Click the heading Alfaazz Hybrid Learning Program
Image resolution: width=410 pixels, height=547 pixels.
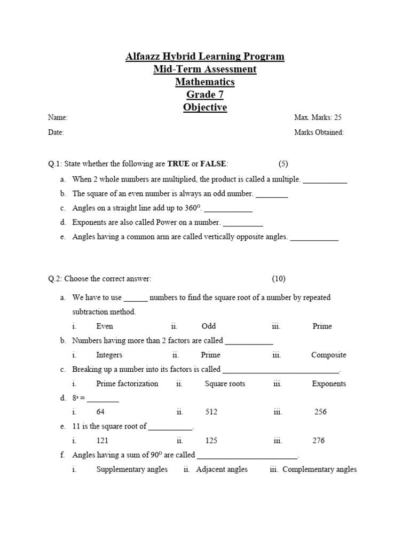click(205, 57)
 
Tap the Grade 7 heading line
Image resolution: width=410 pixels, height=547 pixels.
click(205, 95)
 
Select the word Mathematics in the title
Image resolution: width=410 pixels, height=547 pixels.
click(205, 82)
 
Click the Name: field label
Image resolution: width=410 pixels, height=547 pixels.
click(58, 118)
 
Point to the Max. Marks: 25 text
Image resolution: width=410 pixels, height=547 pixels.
click(318, 118)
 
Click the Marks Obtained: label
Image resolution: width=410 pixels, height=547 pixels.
click(319, 132)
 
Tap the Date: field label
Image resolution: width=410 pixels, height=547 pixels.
click(56, 132)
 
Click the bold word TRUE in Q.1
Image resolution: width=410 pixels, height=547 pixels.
click(178, 163)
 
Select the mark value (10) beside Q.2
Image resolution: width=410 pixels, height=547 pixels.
click(279, 279)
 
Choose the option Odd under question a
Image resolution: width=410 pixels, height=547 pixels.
click(209, 326)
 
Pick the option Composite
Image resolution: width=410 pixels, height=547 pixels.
click(328, 355)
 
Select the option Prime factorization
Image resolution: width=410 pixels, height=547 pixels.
click(127, 384)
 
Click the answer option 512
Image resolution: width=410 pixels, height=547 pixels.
click(211, 412)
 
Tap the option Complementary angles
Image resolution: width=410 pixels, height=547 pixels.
click(319, 470)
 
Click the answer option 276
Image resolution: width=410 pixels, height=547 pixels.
click(318, 441)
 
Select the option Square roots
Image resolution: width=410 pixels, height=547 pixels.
click(225, 384)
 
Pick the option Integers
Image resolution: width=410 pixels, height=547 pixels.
click(109, 355)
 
